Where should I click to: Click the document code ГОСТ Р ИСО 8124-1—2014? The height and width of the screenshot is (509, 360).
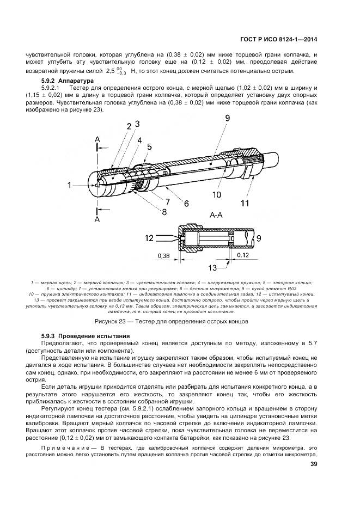coord(278,39)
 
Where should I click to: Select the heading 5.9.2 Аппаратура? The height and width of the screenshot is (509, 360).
coord(68,81)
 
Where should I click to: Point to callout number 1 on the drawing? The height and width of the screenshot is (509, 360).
coord(70,186)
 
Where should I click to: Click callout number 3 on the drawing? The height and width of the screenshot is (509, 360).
coord(137,124)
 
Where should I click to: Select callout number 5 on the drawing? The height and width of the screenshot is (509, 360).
coord(149,146)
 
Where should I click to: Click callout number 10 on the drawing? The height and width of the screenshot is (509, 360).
coord(217,194)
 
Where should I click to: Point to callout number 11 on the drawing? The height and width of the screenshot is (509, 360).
coord(245,204)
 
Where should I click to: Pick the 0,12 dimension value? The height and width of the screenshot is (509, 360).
coord(243,254)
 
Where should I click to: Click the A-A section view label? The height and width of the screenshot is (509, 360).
coord(217,216)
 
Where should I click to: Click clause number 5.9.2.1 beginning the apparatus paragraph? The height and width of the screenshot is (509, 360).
coord(53,88)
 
